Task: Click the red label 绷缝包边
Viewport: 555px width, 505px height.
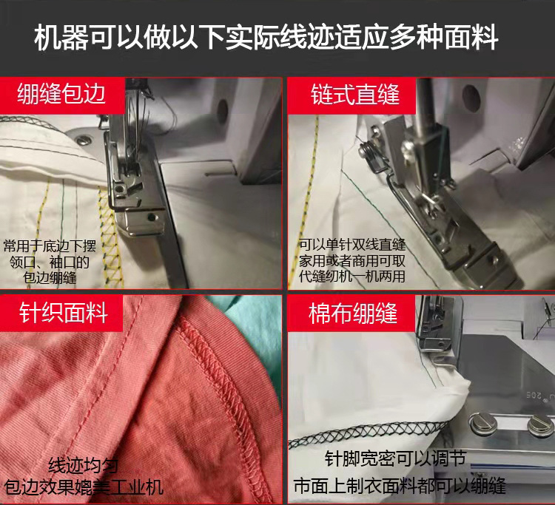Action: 61,95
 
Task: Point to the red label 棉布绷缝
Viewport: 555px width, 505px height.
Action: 353,313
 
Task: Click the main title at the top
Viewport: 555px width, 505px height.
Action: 266,36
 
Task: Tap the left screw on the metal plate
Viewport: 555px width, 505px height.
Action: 482,423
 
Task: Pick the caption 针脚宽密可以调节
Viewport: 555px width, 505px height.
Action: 395,458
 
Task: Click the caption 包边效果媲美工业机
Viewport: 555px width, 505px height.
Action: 84,487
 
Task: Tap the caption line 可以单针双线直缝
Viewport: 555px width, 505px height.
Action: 352,244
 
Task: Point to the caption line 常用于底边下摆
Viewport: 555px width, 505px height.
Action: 50,246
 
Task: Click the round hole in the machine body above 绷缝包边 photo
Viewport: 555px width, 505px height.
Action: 222,112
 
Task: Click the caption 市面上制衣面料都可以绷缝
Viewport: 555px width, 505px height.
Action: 400,486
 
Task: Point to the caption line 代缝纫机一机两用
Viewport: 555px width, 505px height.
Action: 352,277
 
